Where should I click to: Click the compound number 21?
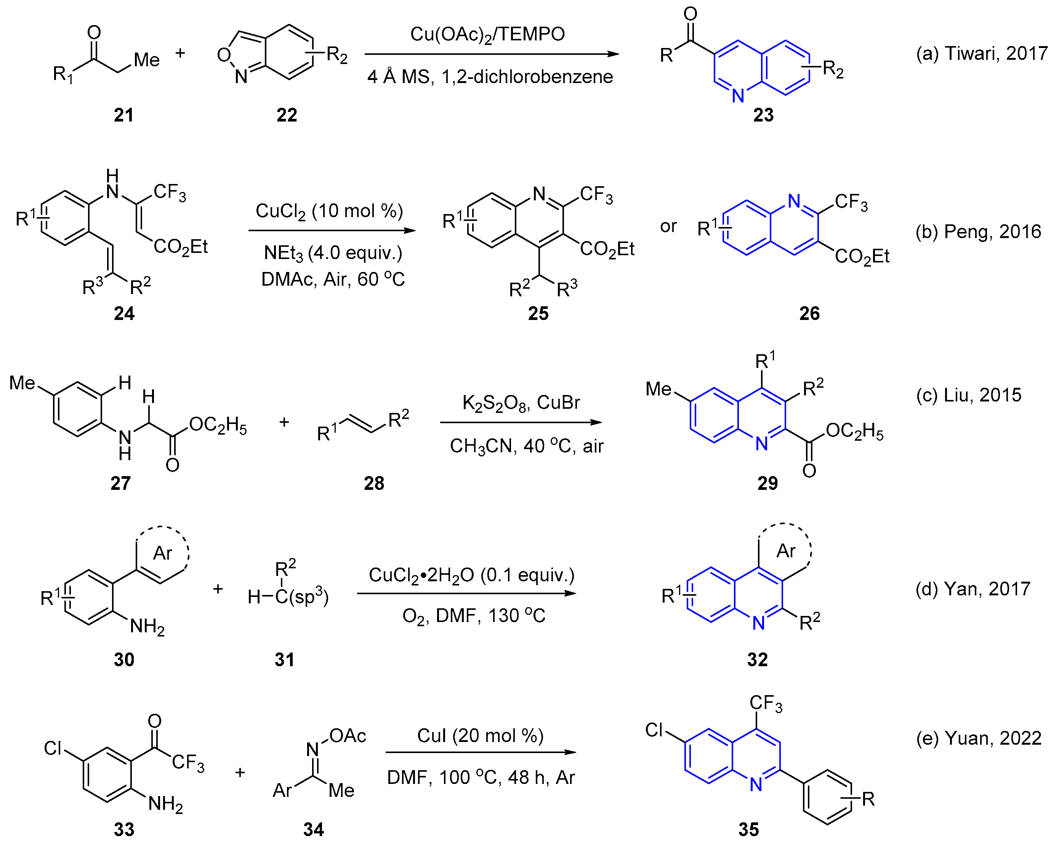coord(123,115)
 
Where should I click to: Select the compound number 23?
coord(763,115)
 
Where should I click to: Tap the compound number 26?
coord(809,313)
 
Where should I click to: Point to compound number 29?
coord(767,483)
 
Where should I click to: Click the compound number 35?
coord(748,829)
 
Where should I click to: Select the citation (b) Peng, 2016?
coord(978,231)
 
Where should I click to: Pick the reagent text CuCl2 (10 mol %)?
coord(329,211)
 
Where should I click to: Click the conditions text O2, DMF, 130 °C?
coord(474,616)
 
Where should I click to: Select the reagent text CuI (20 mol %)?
coord(480,736)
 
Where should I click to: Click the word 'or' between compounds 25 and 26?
coord(668,226)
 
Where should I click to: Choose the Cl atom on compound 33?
coord(53,748)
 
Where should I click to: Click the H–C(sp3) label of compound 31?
coord(288,597)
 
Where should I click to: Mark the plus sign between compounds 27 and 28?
coord(284,422)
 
